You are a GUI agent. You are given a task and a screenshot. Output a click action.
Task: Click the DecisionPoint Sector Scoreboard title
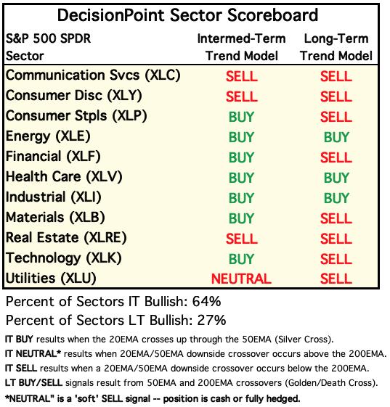click(x=187, y=15)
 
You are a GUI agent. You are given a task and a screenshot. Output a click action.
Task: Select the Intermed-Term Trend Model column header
click(x=241, y=47)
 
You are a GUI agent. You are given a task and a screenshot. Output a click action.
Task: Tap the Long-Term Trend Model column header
click(x=336, y=47)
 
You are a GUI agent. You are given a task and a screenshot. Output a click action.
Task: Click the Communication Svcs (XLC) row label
click(x=93, y=75)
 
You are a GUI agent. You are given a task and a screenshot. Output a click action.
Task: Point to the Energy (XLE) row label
click(x=48, y=136)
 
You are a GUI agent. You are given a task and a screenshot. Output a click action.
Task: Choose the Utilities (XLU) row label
click(x=51, y=279)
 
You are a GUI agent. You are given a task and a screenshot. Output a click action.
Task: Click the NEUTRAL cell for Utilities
click(x=241, y=279)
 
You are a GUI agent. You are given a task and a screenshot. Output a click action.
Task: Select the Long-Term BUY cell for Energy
click(x=336, y=137)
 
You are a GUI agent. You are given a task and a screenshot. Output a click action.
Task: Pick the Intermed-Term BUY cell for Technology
click(x=241, y=259)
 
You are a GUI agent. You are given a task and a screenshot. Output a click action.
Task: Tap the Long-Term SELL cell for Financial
click(x=336, y=157)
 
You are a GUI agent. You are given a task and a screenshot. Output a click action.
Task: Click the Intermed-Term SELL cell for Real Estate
click(x=242, y=239)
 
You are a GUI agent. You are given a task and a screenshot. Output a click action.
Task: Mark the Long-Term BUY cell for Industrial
click(x=336, y=198)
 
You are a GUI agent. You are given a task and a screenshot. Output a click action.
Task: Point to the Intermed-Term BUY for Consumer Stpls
click(x=241, y=117)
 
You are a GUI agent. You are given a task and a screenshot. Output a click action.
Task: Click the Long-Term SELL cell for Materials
click(x=336, y=218)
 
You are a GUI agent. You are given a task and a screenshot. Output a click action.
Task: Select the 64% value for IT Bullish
click(x=206, y=302)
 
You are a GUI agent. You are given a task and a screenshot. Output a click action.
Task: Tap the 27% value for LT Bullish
click(x=211, y=320)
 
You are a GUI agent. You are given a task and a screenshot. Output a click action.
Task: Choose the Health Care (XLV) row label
click(x=64, y=177)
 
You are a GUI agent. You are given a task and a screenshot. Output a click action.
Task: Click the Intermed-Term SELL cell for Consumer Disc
click(x=242, y=96)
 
